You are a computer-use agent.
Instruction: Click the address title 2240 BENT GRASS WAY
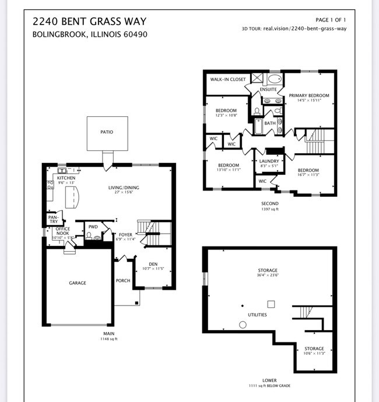coord(89,22)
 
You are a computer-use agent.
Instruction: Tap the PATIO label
coord(107,132)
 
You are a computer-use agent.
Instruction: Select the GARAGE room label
coord(78,283)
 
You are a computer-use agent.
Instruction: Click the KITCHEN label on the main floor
coord(66,178)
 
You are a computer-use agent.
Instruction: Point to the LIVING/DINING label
coord(124,188)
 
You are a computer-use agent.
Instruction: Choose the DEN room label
coord(153,264)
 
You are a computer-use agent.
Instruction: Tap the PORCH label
coord(123,280)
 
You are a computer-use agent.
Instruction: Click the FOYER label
coord(126,234)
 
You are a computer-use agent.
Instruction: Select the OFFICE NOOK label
coord(63,231)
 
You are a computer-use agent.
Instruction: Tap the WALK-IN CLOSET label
coord(228,79)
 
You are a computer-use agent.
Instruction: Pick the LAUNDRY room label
coord(269,161)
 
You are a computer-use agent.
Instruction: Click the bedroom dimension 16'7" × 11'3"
coord(308,174)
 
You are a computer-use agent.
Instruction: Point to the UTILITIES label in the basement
coord(257,315)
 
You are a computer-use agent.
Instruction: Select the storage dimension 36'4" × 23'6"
coord(268,276)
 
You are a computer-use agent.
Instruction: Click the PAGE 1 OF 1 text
coord(331,20)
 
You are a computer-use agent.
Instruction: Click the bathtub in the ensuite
coord(275,79)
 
